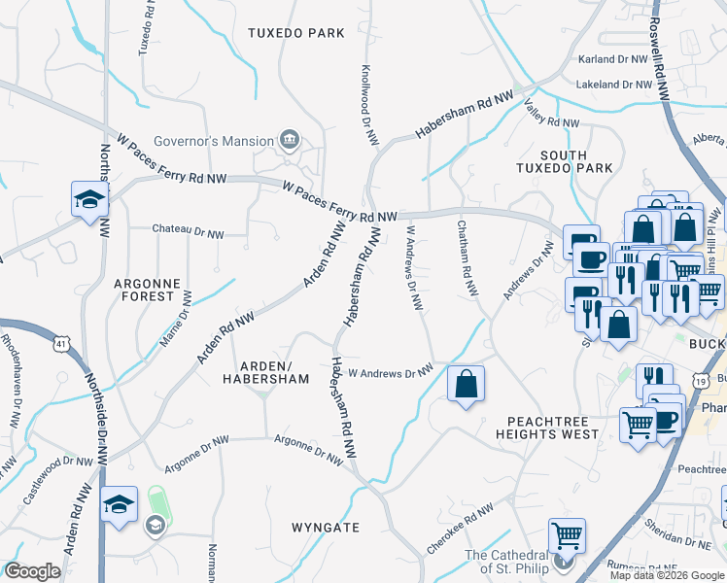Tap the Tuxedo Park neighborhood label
point(296,33)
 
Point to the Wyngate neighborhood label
point(326,528)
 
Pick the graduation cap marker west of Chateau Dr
point(90,200)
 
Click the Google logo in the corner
point(33,571)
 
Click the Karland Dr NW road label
point(611,59)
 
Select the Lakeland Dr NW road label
point(613,85)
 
